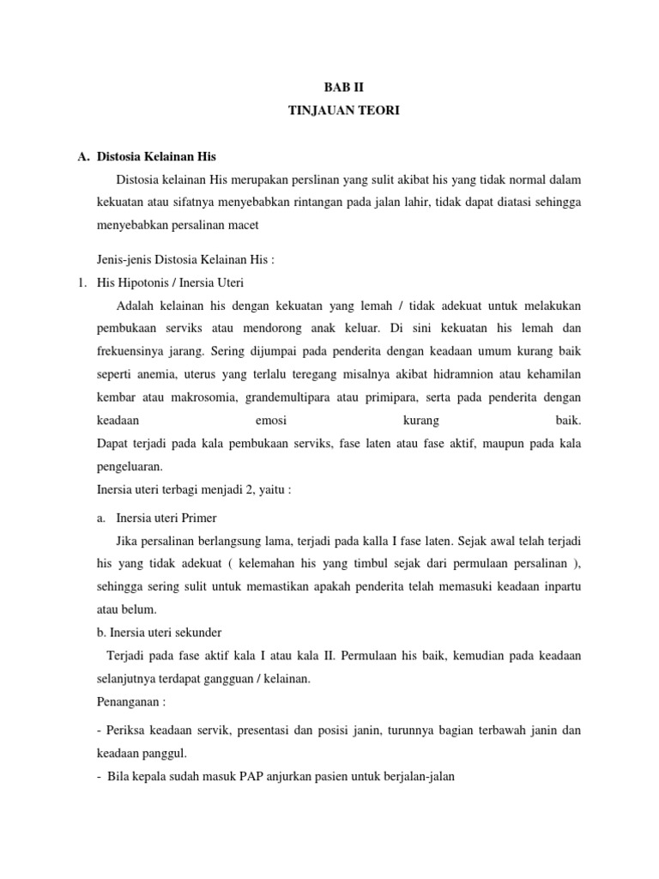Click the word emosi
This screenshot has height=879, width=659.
pyautogui.click(x=271, y=421)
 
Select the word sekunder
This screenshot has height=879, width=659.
pyautogui.click(x=194, y=633)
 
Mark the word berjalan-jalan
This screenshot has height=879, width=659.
pyautogui.click(x=412, y=776)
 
